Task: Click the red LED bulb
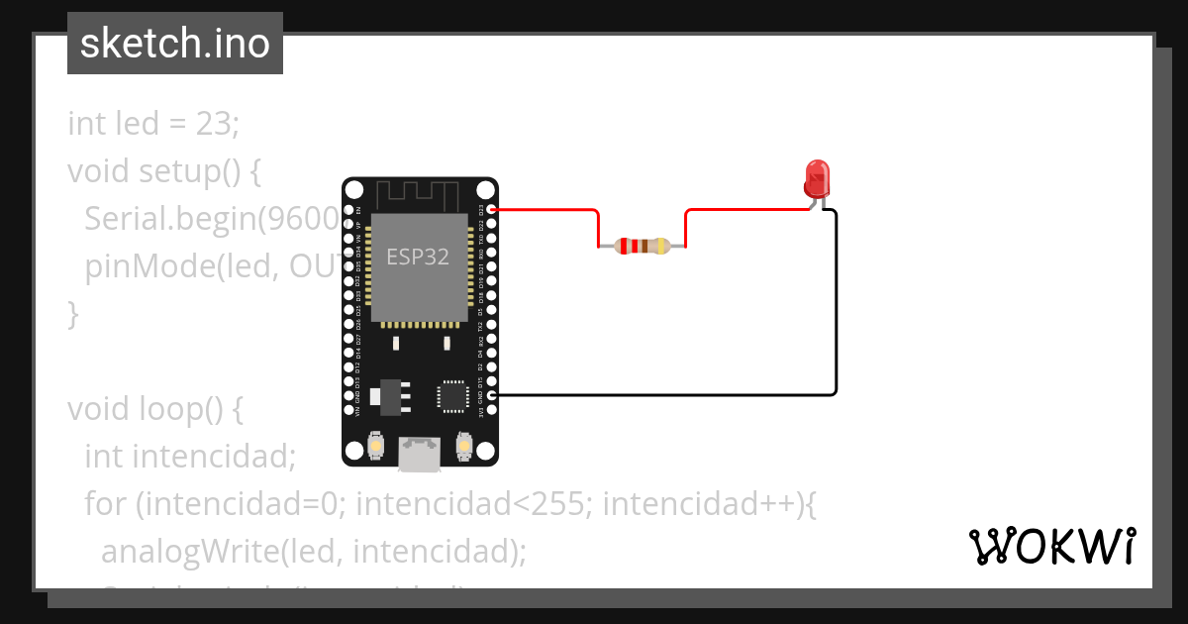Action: point(817,177)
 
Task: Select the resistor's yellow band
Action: point(662,246)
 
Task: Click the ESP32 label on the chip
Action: point(417,258)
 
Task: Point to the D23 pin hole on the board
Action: point(491,210)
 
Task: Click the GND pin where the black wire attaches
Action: point(491,395)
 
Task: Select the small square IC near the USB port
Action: point(453,395)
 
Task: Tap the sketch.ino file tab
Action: point(174,44)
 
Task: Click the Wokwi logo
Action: point(1051,547)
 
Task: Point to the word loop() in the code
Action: point(196,409)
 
